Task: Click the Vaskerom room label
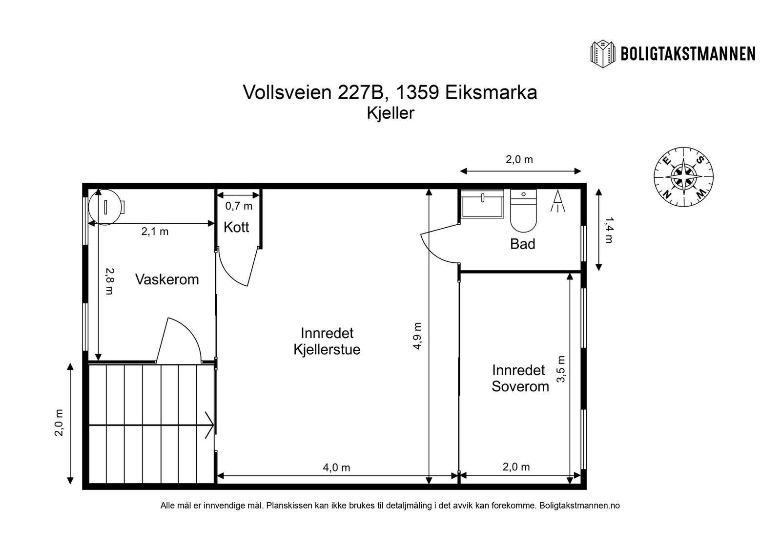point(167,279)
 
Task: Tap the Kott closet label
point(236,227)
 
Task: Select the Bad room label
point(522,244)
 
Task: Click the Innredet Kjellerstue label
point(327,341)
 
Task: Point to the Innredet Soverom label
point(520,378)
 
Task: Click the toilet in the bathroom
point(523,212)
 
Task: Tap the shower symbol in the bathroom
point(557,201)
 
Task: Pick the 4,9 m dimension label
point(418,336)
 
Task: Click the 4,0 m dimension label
point(336,468)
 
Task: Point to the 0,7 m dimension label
point(239,206)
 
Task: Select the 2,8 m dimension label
point(109,281)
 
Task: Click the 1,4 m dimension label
point(609,231)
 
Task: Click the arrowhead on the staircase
point(209,425)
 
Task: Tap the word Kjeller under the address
point(390,113)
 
